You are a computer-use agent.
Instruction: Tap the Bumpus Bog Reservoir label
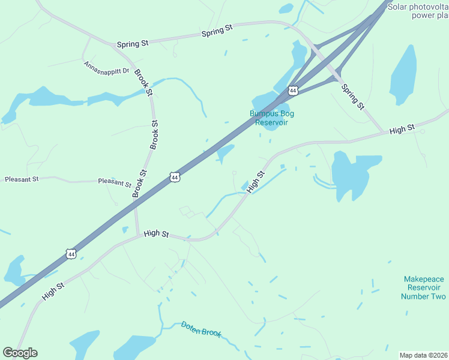[272, 118]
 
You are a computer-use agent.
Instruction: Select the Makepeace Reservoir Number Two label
[424, 287]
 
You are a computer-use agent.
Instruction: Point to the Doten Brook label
[201, 329]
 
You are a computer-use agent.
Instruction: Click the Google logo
[20, 353]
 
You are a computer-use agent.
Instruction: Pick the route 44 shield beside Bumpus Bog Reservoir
[293, 91]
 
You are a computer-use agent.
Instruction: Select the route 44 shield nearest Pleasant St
[174, 178]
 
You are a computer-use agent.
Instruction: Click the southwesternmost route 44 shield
[71, 254]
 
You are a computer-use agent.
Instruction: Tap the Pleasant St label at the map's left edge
[22, 179]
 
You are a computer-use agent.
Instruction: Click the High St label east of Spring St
[402, 129]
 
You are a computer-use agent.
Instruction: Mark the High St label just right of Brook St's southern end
[156, 233]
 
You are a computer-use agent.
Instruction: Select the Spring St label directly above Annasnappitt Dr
[133, 44]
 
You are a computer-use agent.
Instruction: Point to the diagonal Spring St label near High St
[352, 97]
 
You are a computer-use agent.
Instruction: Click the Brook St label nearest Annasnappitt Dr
[143, 82]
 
